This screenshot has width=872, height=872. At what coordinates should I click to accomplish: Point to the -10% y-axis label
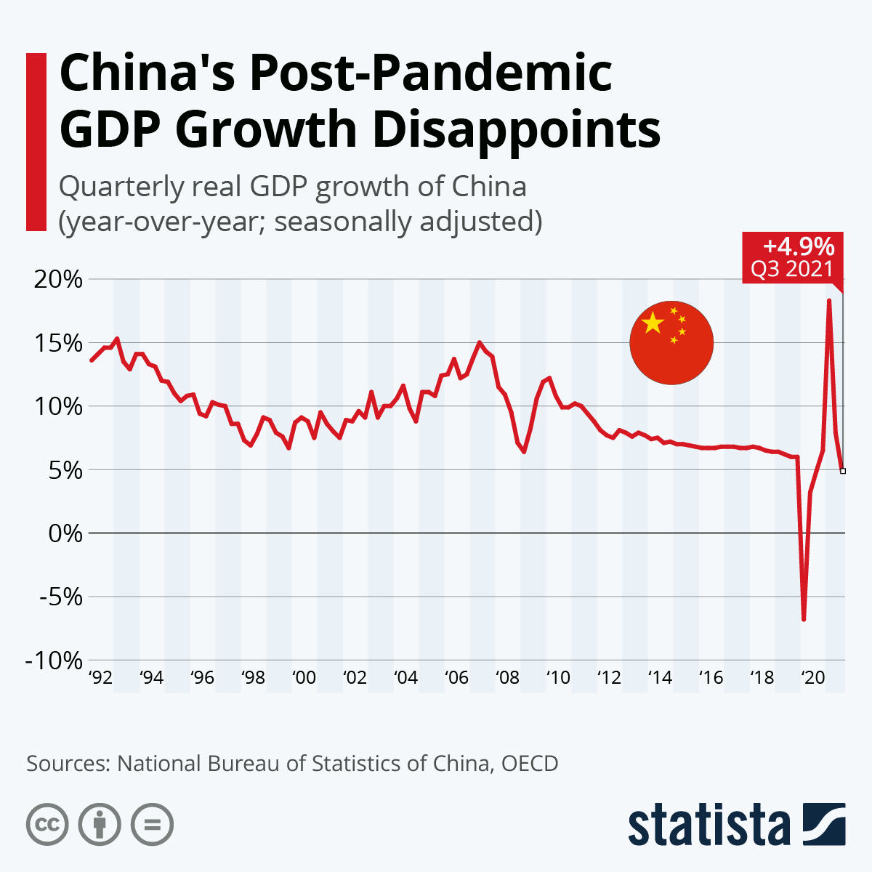click(54, 661)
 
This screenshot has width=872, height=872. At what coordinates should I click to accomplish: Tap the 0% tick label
click(65, 533)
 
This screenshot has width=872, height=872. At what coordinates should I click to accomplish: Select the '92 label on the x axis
click(100, 678)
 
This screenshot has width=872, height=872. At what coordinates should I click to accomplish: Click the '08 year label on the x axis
click(507, 678)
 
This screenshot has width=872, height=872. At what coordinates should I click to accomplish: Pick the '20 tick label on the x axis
click(812, 678)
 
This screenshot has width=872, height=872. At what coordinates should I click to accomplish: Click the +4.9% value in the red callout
click(798, 246)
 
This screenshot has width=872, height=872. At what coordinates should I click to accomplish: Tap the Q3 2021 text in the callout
click(792, 270)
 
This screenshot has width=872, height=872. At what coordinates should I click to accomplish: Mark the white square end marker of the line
click(843, 471)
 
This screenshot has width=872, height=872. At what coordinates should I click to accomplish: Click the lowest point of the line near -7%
click(804, 619)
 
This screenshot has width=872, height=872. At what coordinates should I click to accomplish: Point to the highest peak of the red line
click(829, 299)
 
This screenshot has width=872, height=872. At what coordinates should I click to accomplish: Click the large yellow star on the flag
click(653, 323)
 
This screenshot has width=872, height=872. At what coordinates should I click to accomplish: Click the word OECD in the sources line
click(530, 764)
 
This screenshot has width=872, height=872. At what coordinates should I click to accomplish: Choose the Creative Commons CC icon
click(47, 825)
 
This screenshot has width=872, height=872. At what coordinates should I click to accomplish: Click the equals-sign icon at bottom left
click(152, 825)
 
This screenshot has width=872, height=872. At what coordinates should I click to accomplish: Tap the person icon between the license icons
click(100, 825)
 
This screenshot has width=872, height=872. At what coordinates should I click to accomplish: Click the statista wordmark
click(709, 825)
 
